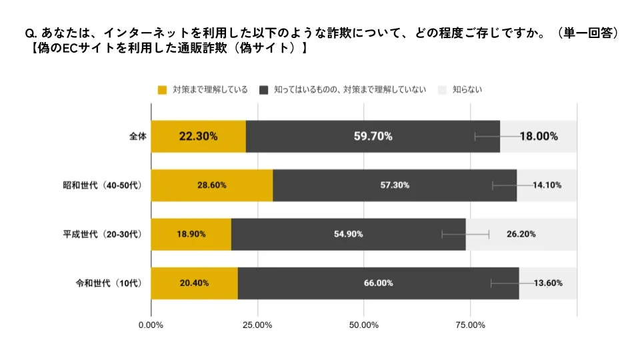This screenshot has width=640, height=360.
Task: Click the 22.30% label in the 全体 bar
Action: pos(198,136)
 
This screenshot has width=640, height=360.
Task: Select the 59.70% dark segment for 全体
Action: pos(373,136)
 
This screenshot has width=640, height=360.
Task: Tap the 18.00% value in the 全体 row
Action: pos(539,136)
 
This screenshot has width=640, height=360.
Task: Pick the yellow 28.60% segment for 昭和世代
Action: pos(211,185)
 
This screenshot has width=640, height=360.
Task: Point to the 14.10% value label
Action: pos(547,185)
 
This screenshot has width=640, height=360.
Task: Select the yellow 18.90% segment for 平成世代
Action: pos(191,234)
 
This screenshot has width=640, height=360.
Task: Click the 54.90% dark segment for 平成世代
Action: pos(348,234)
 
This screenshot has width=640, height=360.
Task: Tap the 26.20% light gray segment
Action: pos(521,234)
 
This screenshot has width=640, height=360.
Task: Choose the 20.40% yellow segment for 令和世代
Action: pos(194,283)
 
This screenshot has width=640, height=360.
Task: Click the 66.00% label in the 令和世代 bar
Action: pos(378,283)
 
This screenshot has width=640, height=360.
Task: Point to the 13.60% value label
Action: pos(547,283)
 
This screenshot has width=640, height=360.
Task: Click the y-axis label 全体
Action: pos(137,136)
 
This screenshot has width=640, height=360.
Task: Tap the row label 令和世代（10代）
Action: pos(109,283)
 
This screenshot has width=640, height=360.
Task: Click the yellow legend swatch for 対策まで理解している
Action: pos(162,89)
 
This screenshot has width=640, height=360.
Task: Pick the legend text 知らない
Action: pos(467,89)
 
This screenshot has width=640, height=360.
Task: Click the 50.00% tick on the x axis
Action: pos(364,325)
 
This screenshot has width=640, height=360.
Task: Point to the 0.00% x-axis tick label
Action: pos(151,325)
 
